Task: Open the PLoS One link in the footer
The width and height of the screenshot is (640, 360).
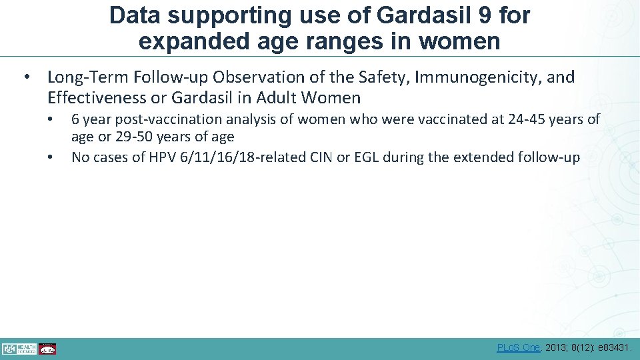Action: pyautogui.click(x=519, y=347)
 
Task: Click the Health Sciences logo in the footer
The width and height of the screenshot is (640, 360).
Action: pyautogui.click(x=18, y=348)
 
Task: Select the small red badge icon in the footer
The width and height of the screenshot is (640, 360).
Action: pyautogui.click(x=47, y=348)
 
